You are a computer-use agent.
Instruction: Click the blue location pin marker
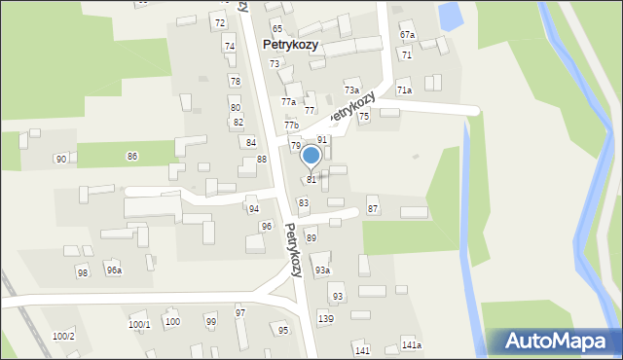pos(311,157)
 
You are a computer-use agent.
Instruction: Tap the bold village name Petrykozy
pos(291,45)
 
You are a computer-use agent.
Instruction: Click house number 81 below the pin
pos(311,180)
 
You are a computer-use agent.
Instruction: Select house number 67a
pos(407,35)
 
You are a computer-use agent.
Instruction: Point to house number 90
pos(61,159)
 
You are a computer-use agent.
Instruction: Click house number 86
pos(132,156)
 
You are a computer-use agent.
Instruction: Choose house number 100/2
pos(63,336)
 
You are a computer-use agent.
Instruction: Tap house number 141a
pos(412,345)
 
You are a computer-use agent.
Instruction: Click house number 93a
pos(322,270)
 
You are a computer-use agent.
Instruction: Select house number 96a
pos(114,270)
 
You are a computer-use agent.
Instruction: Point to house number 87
pos(373,210)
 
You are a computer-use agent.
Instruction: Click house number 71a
pos(404,90)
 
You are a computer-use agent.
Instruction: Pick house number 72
pos(220,22)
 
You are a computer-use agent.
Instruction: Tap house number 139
pos(326,319)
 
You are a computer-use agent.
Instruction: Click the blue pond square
pos(451,15)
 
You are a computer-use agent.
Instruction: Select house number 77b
pos(291,126)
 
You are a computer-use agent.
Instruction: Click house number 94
pos(253,209)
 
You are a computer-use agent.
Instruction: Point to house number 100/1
pos(139,324)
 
